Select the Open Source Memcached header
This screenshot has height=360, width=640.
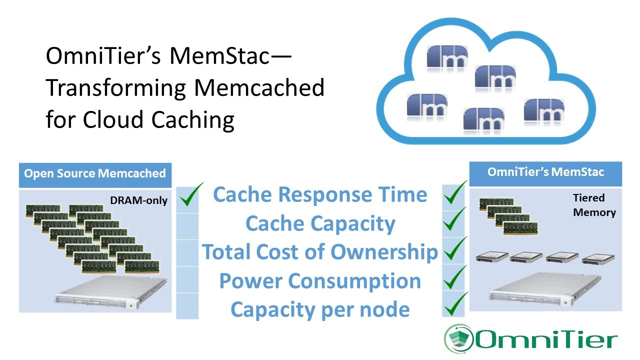point(95,174)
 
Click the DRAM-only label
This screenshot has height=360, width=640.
point(138,200)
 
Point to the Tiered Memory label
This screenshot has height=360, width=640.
point(594,205)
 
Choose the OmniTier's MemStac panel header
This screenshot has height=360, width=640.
point(545,172)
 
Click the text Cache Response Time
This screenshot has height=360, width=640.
point(320,194)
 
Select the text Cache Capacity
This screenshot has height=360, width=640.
point(320,223)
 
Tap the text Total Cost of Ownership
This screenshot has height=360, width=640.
point(320,252)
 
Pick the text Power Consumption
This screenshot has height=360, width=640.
point(320,281)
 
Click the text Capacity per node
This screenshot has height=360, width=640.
point(320,309)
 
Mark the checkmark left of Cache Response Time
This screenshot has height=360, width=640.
point(190,195)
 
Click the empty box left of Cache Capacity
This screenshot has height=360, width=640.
point(187,226)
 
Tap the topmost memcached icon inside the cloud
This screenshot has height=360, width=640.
point(447,56)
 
